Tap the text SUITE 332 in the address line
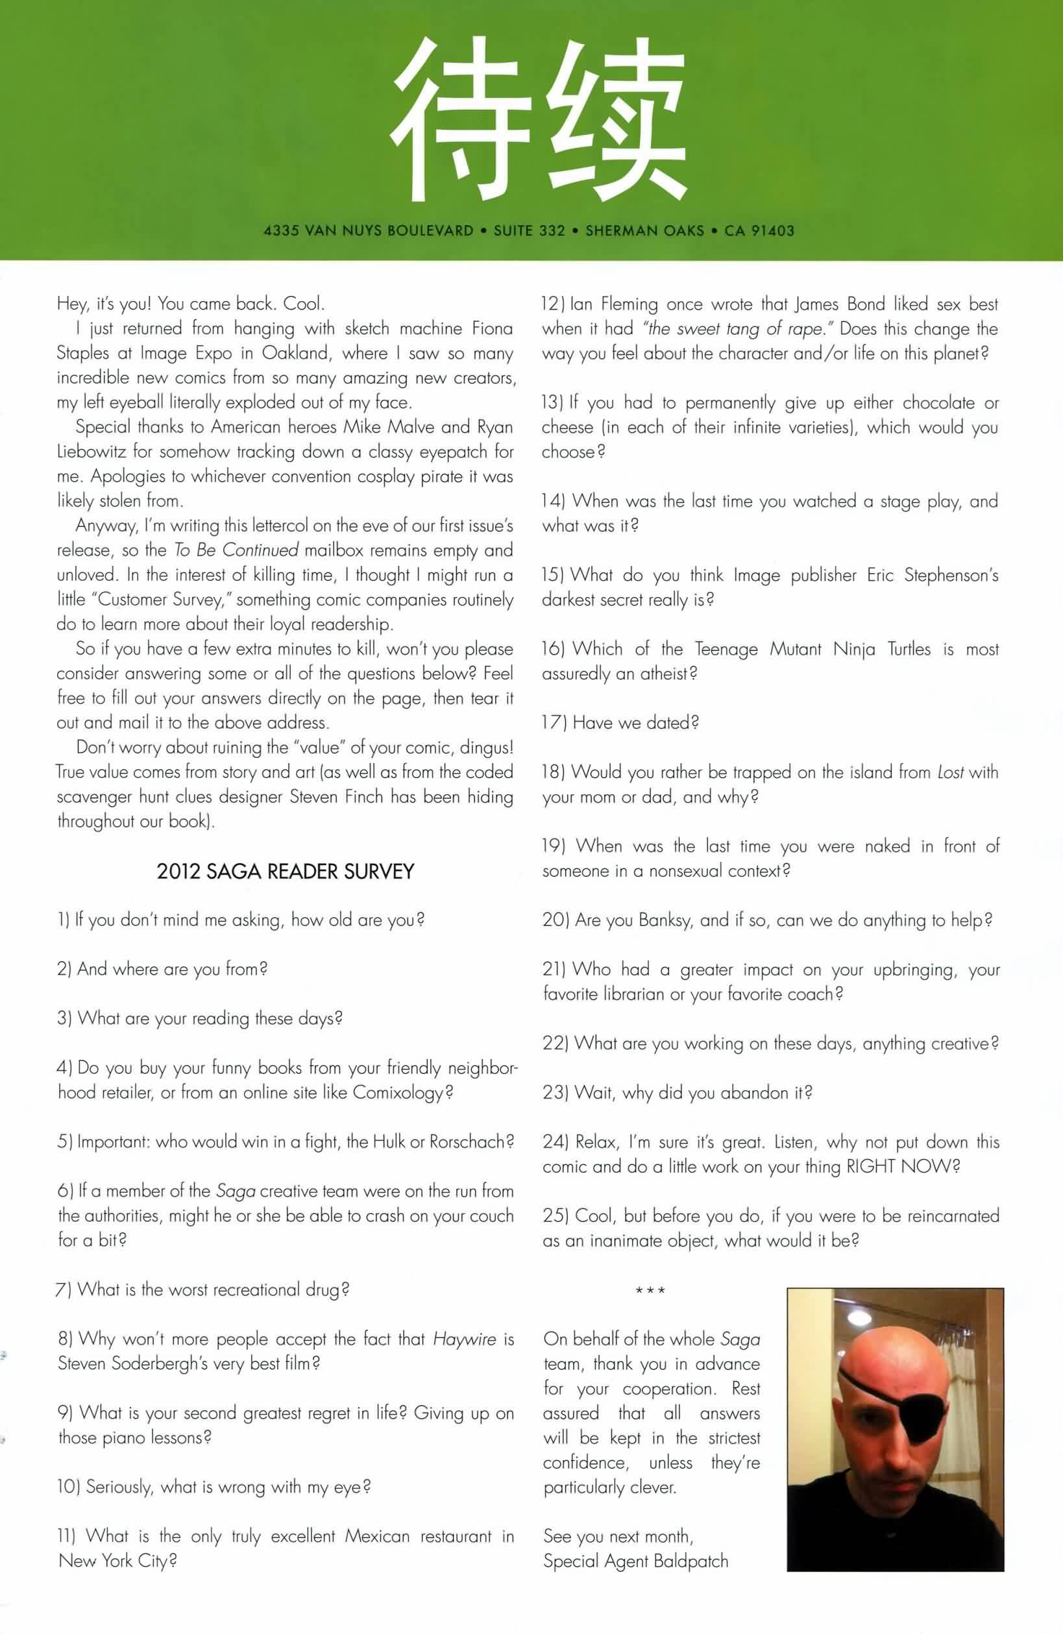click(530, 230)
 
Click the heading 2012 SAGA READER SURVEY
click(285, 872)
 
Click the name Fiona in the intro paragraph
click(492, 328)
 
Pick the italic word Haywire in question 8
click(464, 1339)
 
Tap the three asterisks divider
click(650, 1291)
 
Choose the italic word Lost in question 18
click(951, 772)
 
